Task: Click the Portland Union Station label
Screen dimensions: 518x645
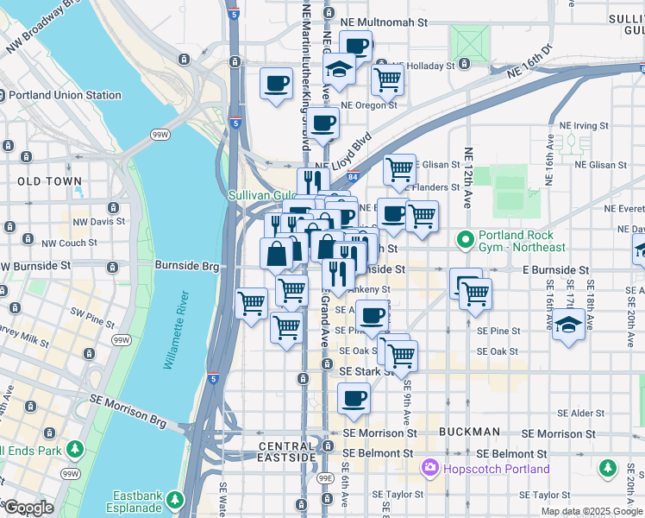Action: (x=73, y=95)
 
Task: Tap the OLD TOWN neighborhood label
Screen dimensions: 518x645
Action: (x=49, y=181)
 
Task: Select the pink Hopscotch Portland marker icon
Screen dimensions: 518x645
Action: (x=429, y=469)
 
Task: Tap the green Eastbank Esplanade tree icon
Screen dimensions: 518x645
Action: (x=175, y=500)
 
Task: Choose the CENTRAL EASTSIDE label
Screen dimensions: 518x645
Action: (x=291, y=446)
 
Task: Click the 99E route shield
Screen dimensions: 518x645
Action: (x=325, y=477)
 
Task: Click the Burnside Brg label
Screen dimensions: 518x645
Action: (x=187, y=267)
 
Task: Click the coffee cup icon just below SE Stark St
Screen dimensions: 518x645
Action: (x=354, y=399)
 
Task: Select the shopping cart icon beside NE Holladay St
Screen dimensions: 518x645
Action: (x=388, y=80)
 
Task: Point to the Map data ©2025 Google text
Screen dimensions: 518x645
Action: (x=591, y=511)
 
